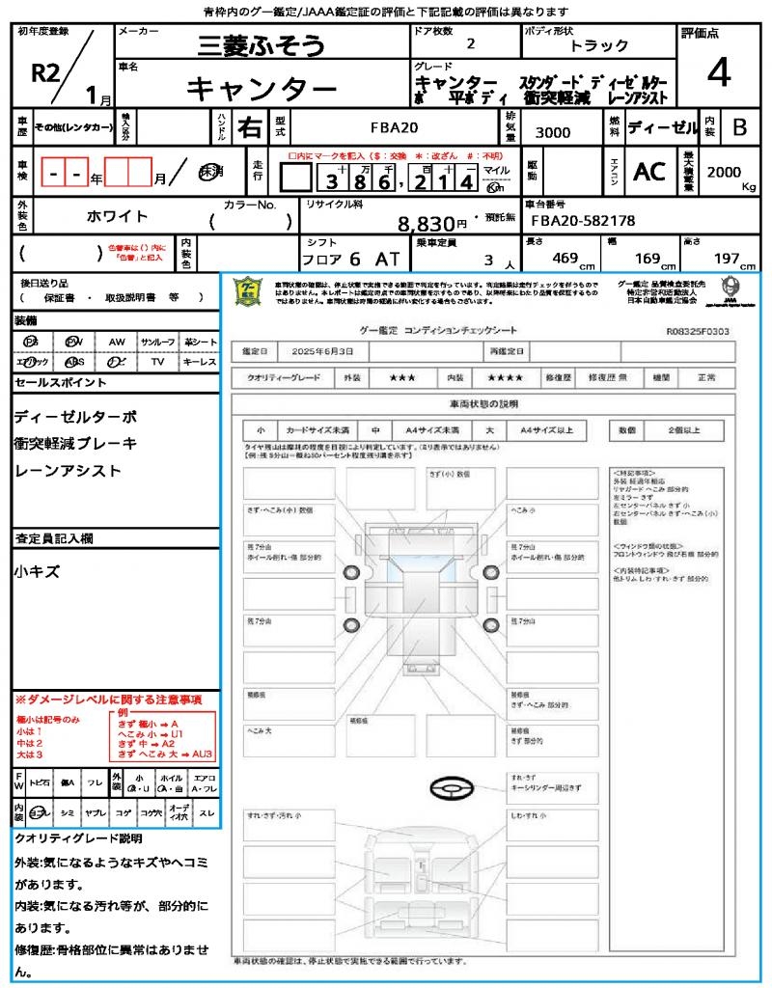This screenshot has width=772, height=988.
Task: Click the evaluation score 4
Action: point(717,73)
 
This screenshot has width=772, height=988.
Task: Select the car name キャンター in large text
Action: point(261,89)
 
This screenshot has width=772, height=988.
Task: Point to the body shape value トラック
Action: point(598,45)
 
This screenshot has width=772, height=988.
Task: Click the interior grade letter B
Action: point(739,126)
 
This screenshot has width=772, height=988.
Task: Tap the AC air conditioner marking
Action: point(649,172)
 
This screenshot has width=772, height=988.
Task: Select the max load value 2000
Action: point(724,171)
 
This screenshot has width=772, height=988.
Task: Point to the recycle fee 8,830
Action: point(426,224)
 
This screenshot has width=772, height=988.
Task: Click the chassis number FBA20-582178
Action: point(583,221)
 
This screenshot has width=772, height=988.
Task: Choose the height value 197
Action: point(723,259)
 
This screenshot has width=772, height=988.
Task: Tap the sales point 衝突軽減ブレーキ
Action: point(76,444)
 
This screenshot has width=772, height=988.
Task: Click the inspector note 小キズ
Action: point(38,572)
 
